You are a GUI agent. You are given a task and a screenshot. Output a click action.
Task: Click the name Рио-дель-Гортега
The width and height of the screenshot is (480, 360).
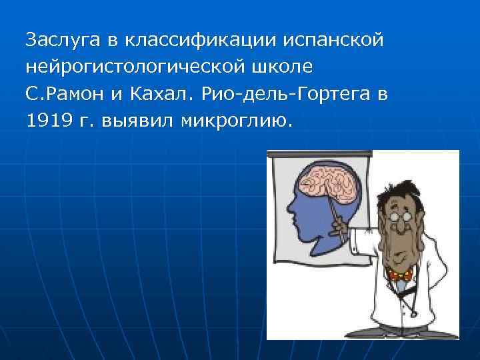point(286,94)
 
